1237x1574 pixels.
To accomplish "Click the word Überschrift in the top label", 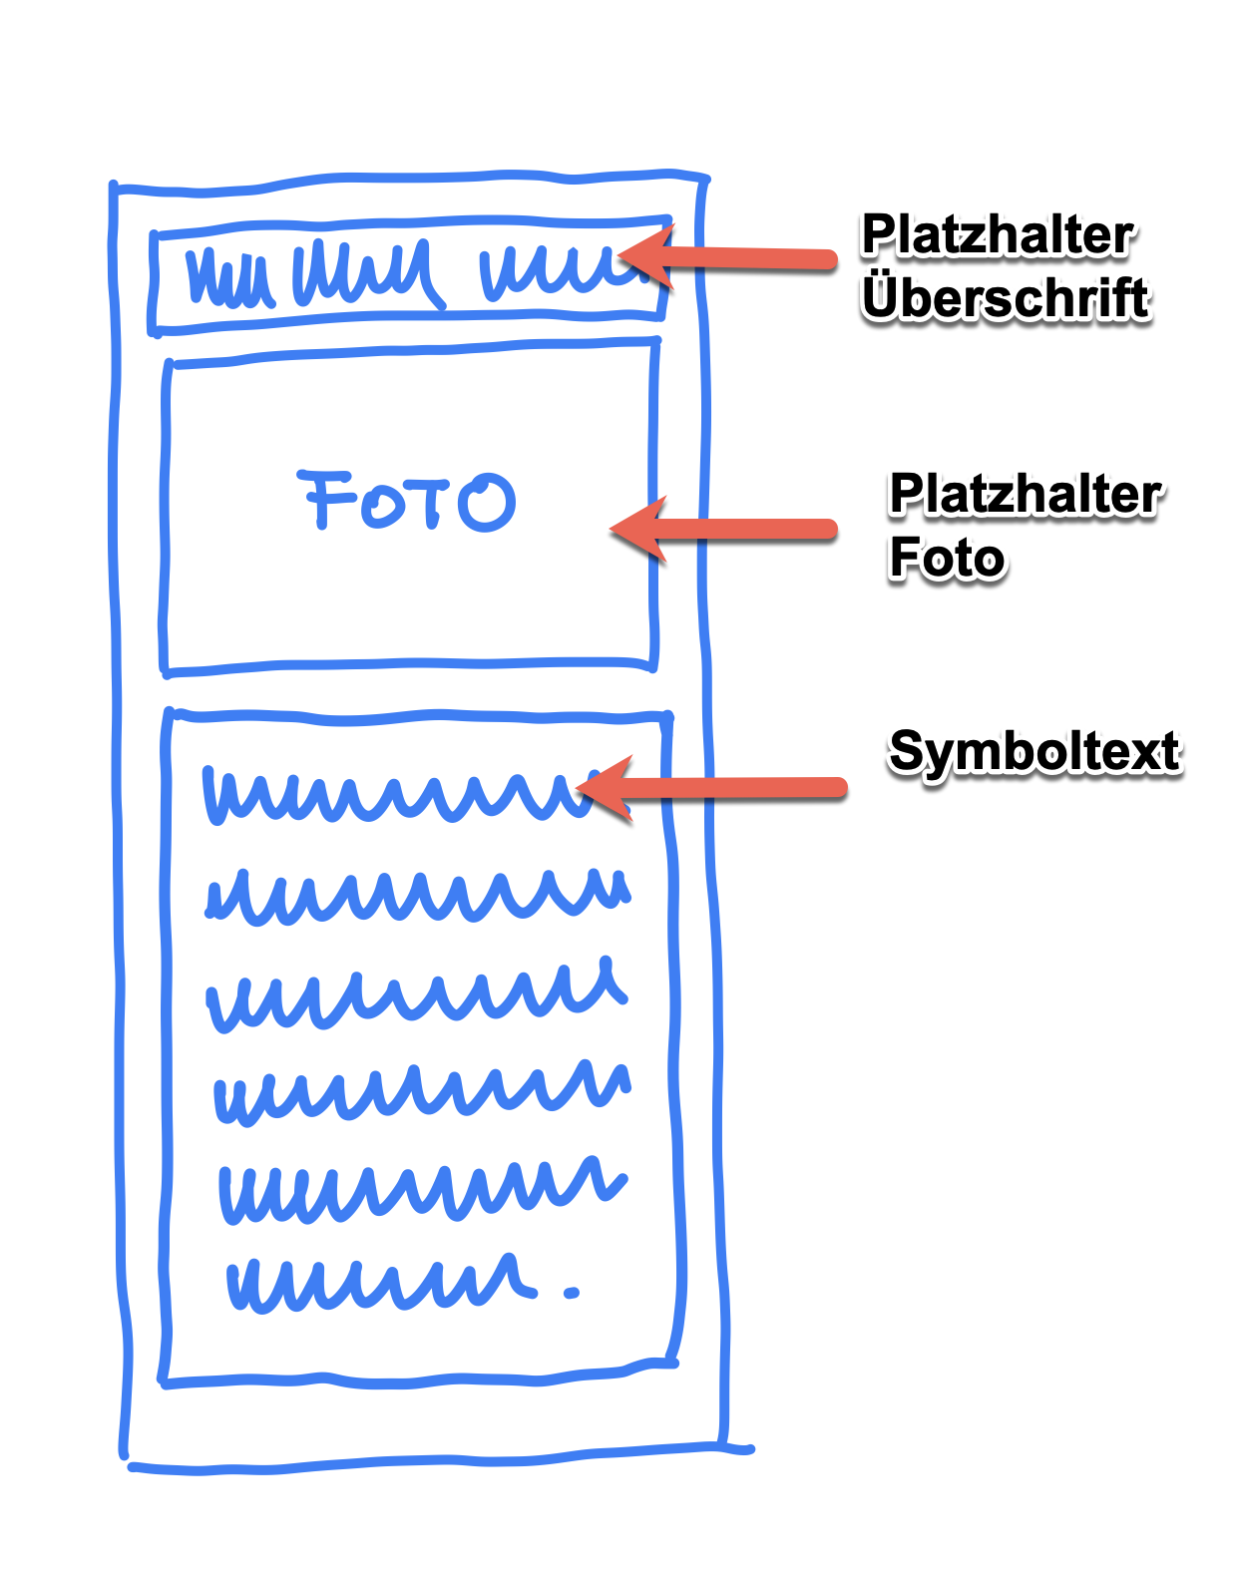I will point(1006,299).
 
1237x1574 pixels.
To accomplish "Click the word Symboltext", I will point(1034,751).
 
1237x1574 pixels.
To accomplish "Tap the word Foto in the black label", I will point(947,558).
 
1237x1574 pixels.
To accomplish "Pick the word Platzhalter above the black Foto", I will point(1026,495).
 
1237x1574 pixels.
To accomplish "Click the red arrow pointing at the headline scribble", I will point(738,259).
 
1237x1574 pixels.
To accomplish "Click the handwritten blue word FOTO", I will point(407,501).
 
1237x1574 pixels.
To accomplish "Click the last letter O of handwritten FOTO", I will point(489,502).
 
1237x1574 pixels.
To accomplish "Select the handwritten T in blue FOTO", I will point(431,501).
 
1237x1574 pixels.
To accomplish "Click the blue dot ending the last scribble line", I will point(571,1293).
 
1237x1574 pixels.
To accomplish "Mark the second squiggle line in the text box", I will point(417,895).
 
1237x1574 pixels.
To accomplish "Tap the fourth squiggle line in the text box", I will point(421,1091).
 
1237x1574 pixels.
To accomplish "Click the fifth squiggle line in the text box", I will point(421,1189).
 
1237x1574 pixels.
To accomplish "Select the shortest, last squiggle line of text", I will point(379,1282).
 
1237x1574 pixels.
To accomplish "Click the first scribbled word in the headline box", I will point(229,276).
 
